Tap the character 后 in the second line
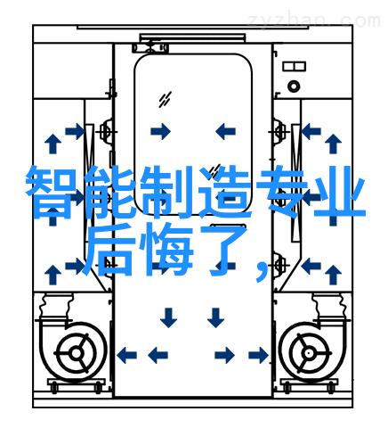click(x=108, y=251)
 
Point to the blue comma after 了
click(x=261, y=270)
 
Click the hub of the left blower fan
click(x=76, y=353)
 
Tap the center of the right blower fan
click(x=309, y=353)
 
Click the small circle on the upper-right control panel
click(x=294, y=86)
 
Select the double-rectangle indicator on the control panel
click(x=294, y=66)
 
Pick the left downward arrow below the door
click(x=168, y=317)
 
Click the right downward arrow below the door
click(x=215, y=317)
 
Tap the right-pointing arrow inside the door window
click(x=160, y=131)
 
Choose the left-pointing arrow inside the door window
click(x=225, y=131)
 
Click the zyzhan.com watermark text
click(x=314, y=21)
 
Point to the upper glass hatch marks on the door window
click(x=165, y=99)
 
